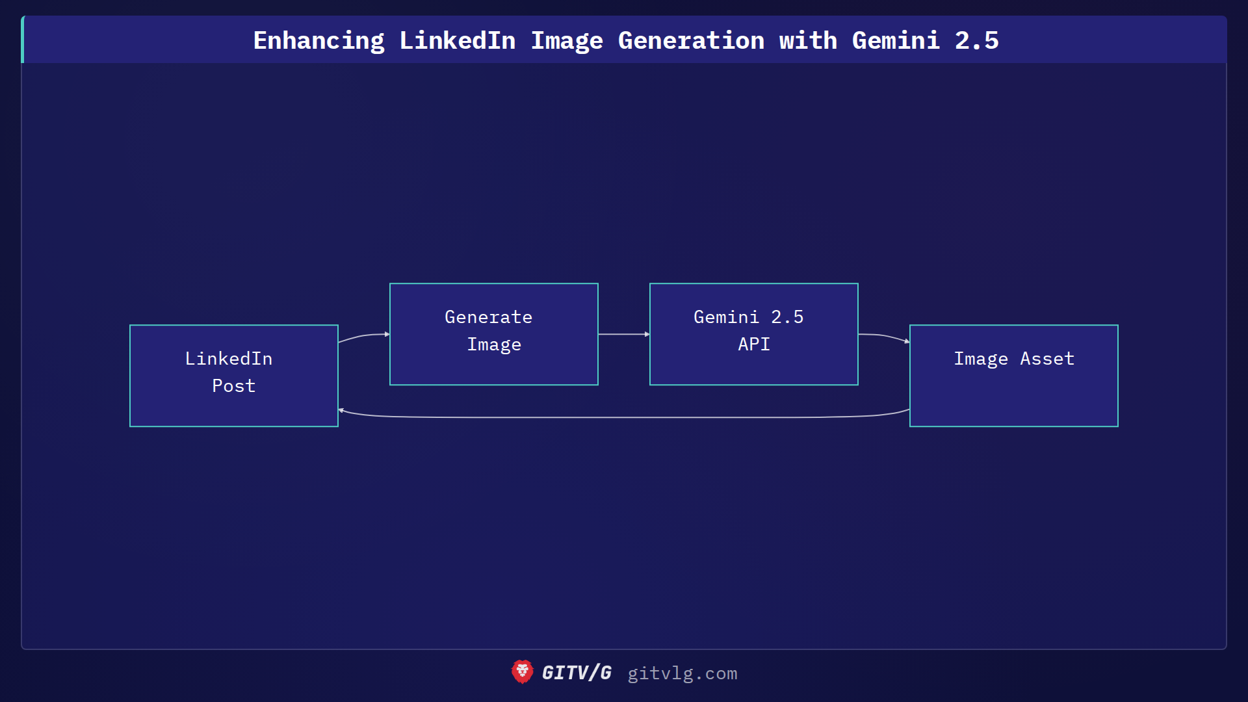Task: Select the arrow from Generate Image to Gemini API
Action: tap(623, 334)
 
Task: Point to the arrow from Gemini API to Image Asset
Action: tap(884, 336)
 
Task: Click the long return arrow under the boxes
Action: tap(624, 417)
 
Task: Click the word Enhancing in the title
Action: tap(318, 41)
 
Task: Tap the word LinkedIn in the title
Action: tap(457, 41)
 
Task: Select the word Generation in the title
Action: tap(691, 41)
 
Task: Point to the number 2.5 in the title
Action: tap(976, 41)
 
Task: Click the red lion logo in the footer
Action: tap(522, 672)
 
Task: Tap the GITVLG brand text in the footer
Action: tap(577, 673)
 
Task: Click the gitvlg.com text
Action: tap(682, 673)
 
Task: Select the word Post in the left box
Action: tap(234, 386)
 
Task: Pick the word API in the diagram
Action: tap(754, 344)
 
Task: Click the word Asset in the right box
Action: tap(1046, 359)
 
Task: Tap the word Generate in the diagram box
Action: tap(488, 317)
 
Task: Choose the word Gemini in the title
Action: tap(896, 41)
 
